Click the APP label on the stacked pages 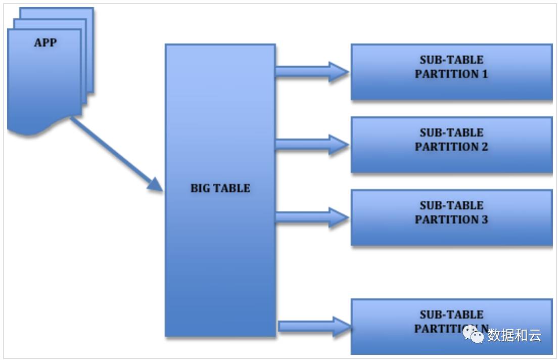pyautogui.click(x=45, y=42)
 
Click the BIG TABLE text pyautogui.click(x=220, y=188)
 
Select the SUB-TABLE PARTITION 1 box pyautogui.click(x=451, y=72)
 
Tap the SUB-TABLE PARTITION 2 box pyautogui.click(x=451, y=145)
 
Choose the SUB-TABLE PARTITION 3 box pyautogui.click(x=451, y=217)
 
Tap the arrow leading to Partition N pyautogui.click(x=313, y=327)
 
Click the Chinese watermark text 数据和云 pyautogui.click(x=514, y=335)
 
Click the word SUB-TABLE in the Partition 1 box pyautogui.click(x=451, y=60)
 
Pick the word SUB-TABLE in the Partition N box pyautogui.click(x=451, y=314)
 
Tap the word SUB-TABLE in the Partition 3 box pyautogui.click(x=451, y=205)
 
